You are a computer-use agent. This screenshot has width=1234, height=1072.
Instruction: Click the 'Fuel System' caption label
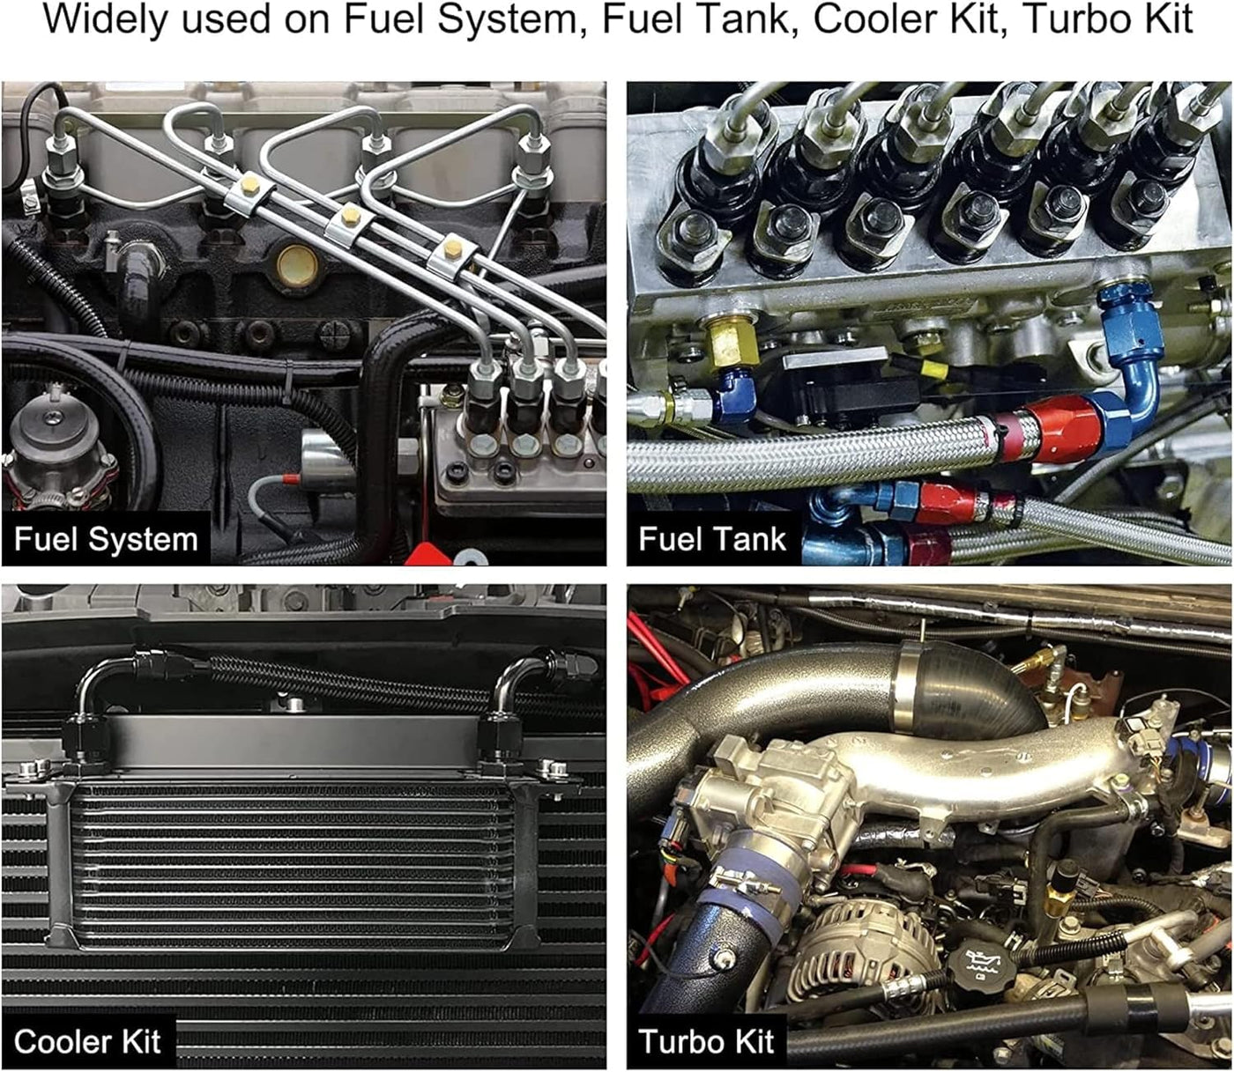click(106, 538)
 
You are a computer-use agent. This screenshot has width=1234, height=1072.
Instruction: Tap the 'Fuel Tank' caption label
click(712, 538)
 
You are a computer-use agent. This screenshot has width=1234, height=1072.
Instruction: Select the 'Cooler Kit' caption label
click(87, 1041)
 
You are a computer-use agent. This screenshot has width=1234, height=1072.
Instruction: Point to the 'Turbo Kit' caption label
click(706, 1041)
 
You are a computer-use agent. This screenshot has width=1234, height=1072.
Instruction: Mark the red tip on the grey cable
click(291, 479)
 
